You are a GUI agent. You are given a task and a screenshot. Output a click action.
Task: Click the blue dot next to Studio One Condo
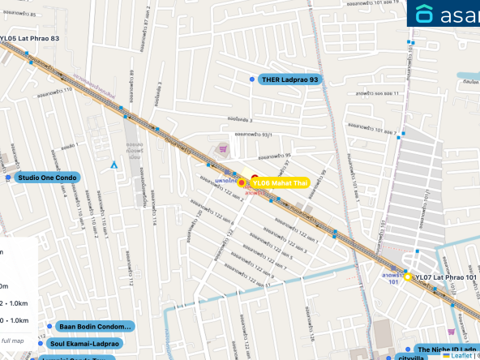(8, 177)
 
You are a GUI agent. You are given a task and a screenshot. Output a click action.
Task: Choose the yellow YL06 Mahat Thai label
(280, 182)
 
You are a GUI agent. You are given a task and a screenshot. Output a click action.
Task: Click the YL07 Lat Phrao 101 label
(446, 277)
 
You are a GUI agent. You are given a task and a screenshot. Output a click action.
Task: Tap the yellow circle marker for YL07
(407, 276)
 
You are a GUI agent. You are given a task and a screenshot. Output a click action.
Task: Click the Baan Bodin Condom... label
(95, 327)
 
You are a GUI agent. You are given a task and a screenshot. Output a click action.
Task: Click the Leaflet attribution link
(461, 355)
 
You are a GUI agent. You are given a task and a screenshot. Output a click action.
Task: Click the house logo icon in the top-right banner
(424, 14)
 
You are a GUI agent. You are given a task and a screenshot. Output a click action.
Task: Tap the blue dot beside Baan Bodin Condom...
(50, 327)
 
